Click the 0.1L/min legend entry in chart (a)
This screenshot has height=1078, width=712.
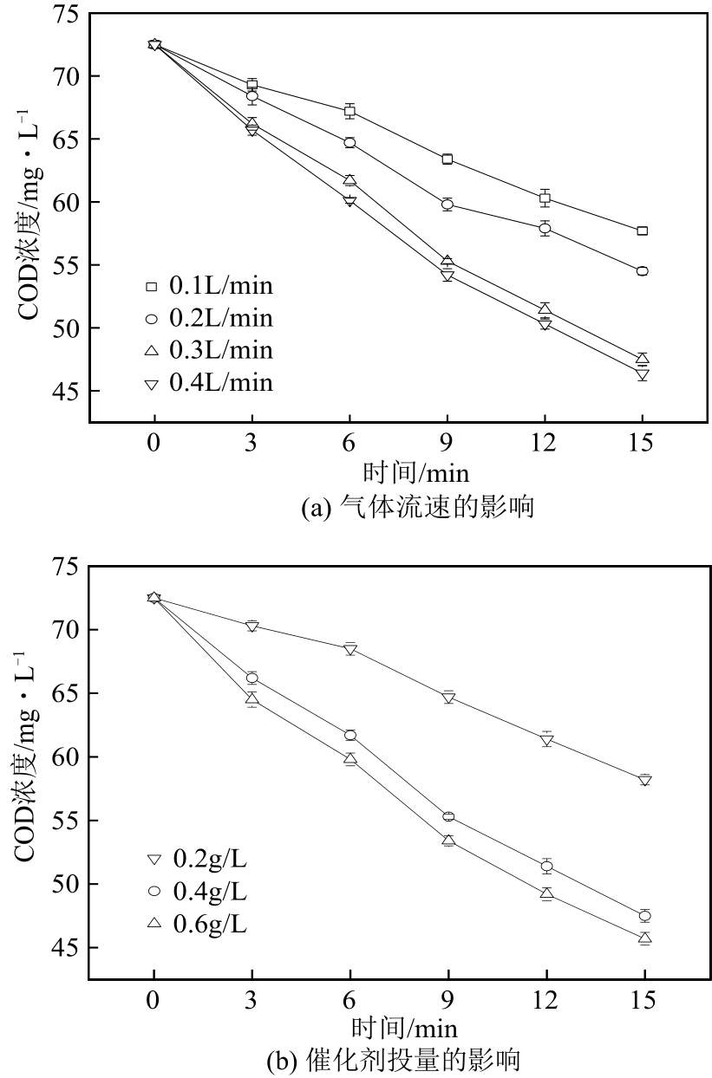coord(211,285)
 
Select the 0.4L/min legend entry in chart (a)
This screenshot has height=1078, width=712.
coord(211,382)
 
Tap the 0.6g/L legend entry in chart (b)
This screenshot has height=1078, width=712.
coord(199,924)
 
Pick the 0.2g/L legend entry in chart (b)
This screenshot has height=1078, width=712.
coord(199,859)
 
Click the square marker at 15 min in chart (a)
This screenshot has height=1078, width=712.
coord(643,231)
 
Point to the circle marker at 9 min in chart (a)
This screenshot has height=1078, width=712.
coord(447,205)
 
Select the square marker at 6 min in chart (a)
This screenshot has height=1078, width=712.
coord(349,111)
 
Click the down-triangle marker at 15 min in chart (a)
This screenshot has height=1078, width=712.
coord(643,375)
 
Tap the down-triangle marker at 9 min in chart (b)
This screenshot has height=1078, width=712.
coord(448,697)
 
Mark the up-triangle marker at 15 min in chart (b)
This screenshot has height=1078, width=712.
coord(644,937)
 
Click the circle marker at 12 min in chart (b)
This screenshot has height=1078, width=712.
coord(546,866)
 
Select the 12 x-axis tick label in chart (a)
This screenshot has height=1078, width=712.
coord(545,441)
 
